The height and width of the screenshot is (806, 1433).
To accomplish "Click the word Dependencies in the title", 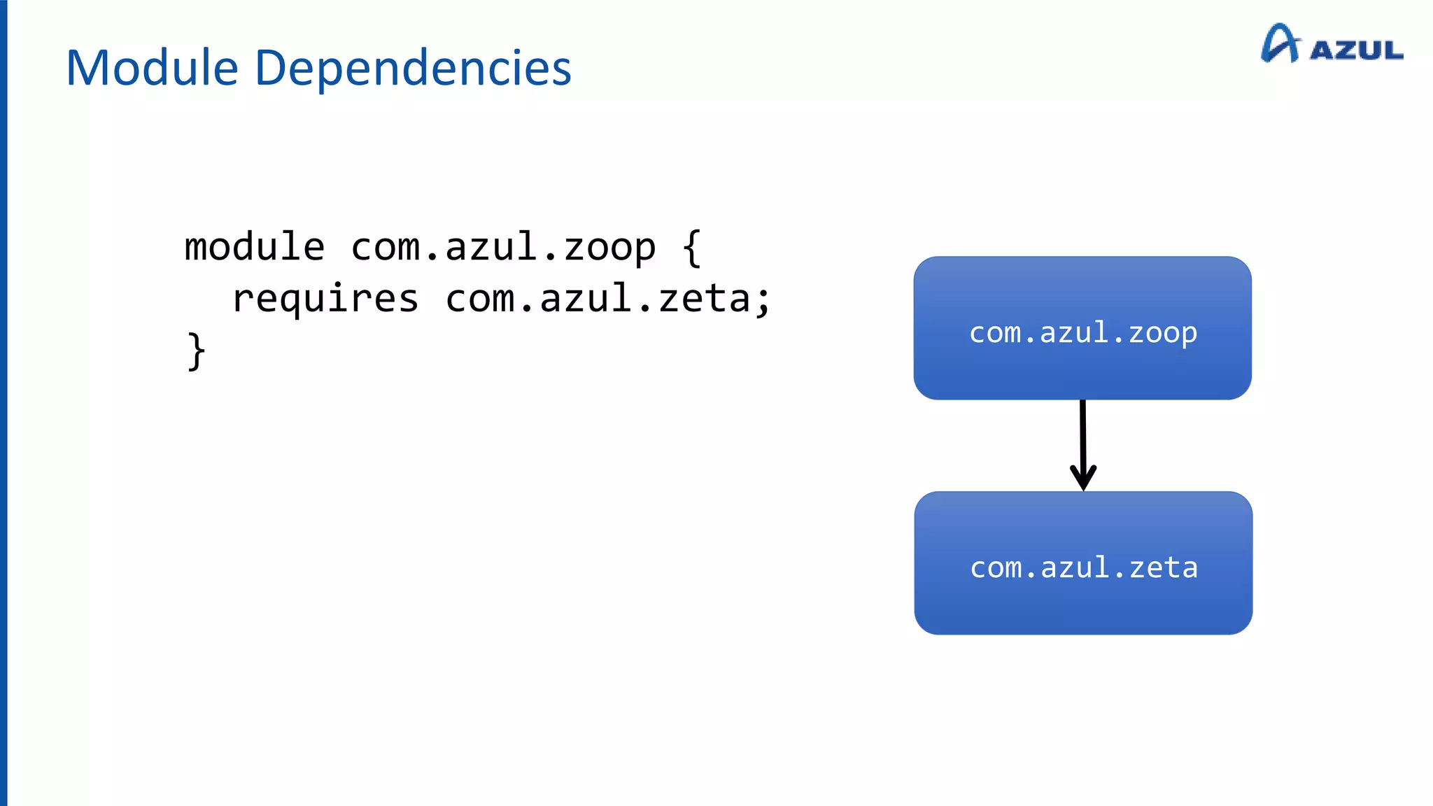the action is point(413,69).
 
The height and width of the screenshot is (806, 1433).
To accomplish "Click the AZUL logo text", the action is point(1356,50).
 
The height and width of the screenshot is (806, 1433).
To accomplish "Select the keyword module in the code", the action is point(255,247).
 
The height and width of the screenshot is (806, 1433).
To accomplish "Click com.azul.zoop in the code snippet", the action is point(503,247).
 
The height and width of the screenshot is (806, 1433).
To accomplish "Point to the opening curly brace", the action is point(692,247).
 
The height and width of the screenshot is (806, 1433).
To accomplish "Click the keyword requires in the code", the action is point(325,299).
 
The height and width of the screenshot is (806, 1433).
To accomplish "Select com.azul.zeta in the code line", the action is point(598,299).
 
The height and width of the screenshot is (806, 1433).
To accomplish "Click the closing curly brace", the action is point(197,351).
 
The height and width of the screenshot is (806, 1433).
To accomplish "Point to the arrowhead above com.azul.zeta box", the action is point(1083,479).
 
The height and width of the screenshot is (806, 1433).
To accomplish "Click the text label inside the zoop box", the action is point(1083,333).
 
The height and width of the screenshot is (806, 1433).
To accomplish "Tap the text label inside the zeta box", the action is point(1084,567).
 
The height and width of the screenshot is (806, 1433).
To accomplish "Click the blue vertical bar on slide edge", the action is point(3,403).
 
